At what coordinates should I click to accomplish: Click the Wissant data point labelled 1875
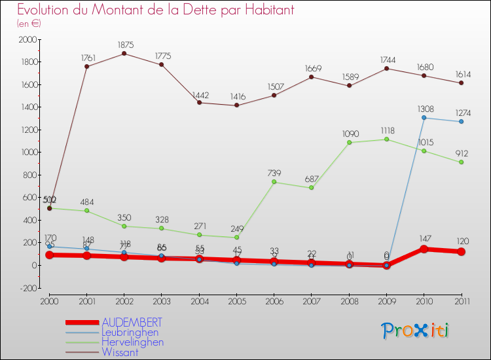[x=124, y=53]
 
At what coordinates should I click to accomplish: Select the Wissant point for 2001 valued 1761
[x=86, y=66]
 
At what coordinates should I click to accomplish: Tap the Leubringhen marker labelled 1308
[x=424, y=117]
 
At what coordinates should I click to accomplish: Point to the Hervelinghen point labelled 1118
[x=387, y=139]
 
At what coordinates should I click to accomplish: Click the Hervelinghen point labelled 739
[x=274, y=181]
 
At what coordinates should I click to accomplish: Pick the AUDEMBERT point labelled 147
[x=424, y=249]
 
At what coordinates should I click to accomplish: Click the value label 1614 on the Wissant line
[x=462, y=74]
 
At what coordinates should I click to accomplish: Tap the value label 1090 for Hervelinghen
[x=350, y=134]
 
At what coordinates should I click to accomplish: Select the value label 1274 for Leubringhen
[x=462, y=112]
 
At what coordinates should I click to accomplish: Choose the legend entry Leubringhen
[x=130, y=333]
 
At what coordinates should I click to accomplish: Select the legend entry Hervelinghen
[x=133, y=342]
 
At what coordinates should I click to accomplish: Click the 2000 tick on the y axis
[x=28, y=40]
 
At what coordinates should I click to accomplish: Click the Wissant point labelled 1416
[x=236, y=105]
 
